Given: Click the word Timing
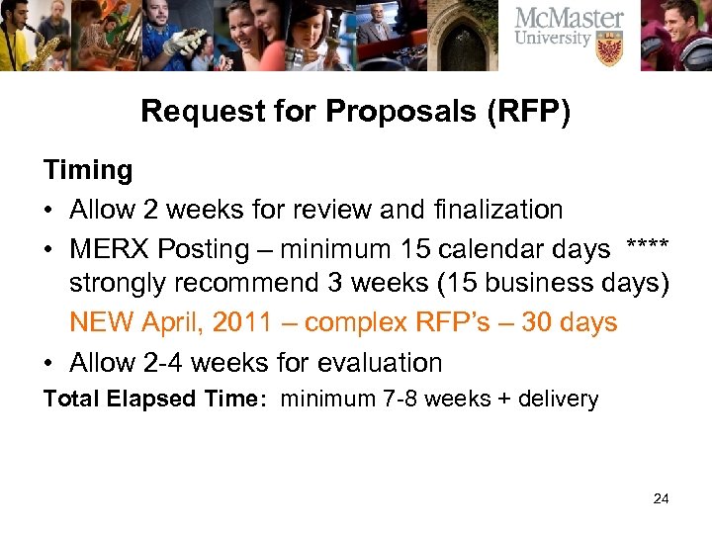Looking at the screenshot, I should click(88, 171).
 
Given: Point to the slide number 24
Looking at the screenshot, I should click(662, 498).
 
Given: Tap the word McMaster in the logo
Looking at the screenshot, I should click(569, 19).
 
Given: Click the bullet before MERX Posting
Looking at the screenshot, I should click(49, 249).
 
